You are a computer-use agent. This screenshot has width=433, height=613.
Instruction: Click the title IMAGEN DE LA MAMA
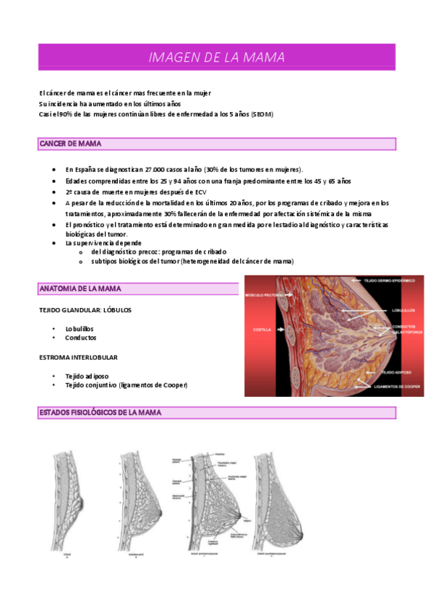pyautogui.click(x=216, y=57)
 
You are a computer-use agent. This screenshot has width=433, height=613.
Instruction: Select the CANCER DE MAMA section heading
pyautogui.click(x=70, y=144)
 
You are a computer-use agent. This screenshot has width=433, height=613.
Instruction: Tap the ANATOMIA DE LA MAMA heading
pyautogui.click(x=80, y=289)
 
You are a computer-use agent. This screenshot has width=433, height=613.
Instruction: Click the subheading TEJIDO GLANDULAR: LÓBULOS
pyautogui.click(x=85, y=309)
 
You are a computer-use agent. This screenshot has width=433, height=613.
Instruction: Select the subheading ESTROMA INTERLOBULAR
pyautogui.click(x=78, y=357)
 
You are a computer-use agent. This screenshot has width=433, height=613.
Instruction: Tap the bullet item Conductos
pyautogui.click(x=80, y=338)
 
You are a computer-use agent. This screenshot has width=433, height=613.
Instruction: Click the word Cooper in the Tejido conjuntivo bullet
pyautogui.click(x=174, y=385)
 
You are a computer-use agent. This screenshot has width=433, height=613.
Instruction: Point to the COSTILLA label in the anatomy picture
pyautogui.click(x=261, y=329)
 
